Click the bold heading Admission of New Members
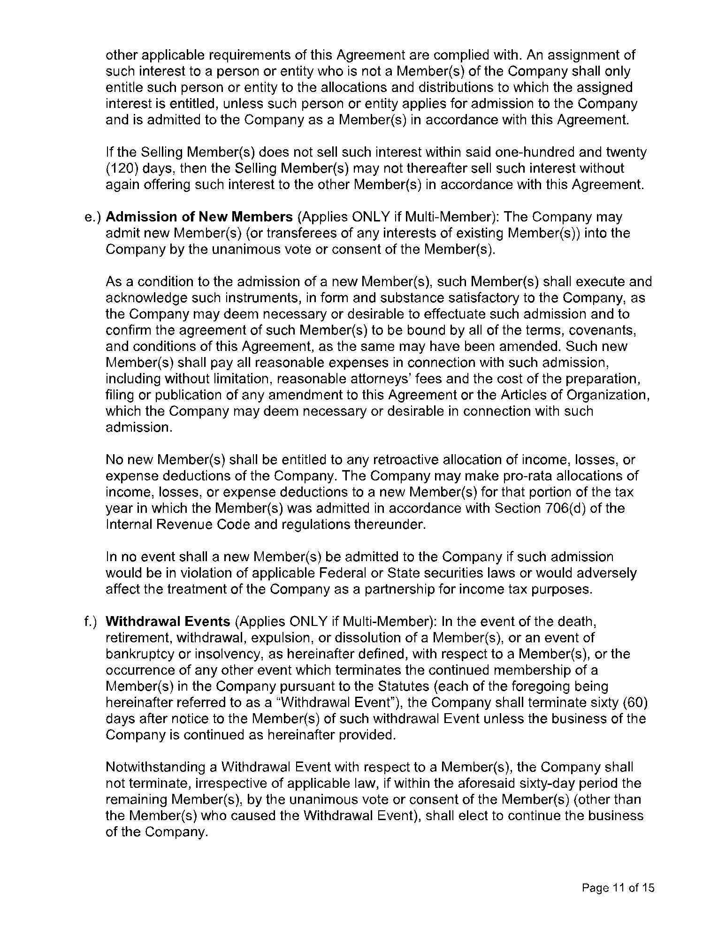pos(199,217)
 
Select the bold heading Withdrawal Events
pos(168,622)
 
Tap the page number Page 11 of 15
pos(618,888)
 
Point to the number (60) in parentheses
pos(634,702)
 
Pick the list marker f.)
pos(91,622)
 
